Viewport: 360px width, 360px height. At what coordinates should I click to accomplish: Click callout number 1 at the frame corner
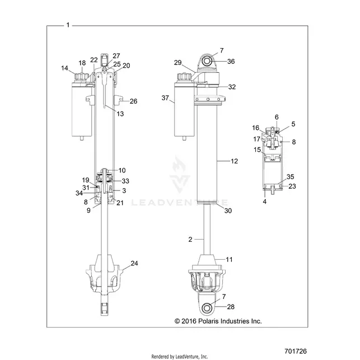tap(68, 25)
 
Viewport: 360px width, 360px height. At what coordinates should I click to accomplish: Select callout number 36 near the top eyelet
tap(231, 61)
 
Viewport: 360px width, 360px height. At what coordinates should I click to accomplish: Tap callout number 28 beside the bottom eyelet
tap(231, 307)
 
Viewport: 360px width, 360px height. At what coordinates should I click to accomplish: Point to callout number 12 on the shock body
tap(234, 161)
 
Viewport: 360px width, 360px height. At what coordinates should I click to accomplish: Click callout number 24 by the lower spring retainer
tap(134, 263)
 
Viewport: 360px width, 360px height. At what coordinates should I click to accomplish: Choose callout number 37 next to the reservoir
tap(165, 98)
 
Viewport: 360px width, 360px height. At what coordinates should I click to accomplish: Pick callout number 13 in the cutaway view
tap(120, 114)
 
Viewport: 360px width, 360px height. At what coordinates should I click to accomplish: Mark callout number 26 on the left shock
tap(133, 101)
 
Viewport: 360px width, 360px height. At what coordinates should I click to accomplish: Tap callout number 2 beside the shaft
tap(190, 240)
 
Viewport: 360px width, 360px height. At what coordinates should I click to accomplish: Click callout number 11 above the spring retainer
tap(229, 259)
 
